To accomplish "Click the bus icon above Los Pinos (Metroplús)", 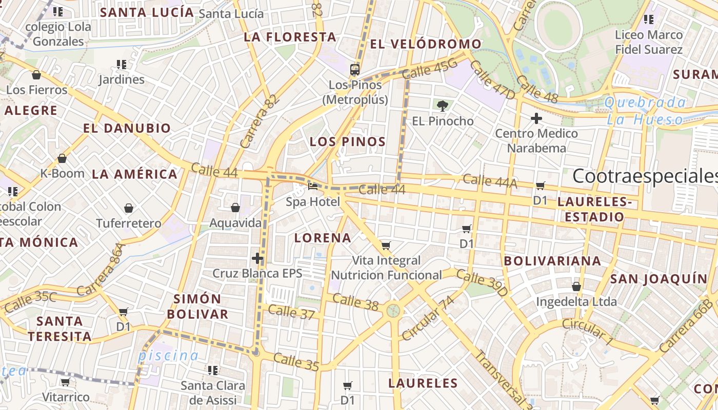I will pyautogui.click(x=354, y=69).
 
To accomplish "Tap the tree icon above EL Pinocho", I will pyautogui.click(x=442, y=106).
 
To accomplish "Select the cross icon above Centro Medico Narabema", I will pyautogui.click(x=536, y=119).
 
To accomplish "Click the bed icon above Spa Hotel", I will pyautogui.click(x=312, y=187).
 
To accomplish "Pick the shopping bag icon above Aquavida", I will pyautogui.click(x=235, y=208).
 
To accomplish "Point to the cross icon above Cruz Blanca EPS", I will pyautogui.click(x=257, y=258).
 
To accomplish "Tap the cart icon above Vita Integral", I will pyautogui.click(x=386, y=245).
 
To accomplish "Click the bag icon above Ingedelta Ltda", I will pyautogui.click(x=576, y=286).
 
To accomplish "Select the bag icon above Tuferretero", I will pyautogui.click(x=128, y=208).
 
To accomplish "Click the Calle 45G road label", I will pyautogui.click(x=430, y=69).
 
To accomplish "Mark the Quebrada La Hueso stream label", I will pyautogui.click(x=645, y=111).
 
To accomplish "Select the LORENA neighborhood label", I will pyautogui.click(x=323, y=238).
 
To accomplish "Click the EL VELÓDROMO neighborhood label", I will pyautogui.click(x=426, y=44).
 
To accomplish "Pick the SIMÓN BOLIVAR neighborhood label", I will pyautogui.click(x=197, y=306).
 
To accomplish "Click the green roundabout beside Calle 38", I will pyautogui.click(x=393, y=310).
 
